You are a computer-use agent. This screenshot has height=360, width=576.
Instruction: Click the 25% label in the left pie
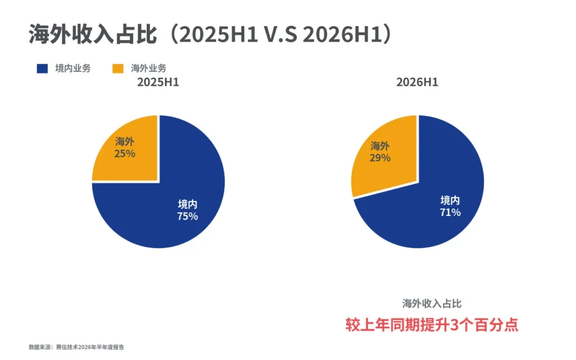coord(124,154)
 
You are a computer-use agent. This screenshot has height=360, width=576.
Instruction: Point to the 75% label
coord(187,217)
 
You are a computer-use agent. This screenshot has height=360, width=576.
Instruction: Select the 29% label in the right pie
coord(380,158)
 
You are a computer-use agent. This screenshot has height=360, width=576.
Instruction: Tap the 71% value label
coord(450,212)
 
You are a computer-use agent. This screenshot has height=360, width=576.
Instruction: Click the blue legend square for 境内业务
coord(42,68)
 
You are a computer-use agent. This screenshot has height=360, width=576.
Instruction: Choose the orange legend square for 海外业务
coord(118,68)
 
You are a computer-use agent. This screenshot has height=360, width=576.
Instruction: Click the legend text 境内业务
coord(73,68)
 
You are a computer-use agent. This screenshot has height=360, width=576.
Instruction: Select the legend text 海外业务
coord(148,68)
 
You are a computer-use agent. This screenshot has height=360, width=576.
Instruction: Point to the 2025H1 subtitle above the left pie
coord(158,82)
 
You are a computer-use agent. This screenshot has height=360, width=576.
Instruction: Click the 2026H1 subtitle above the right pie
coord(417,82)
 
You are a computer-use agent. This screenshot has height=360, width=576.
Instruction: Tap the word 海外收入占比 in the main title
coord(93,35)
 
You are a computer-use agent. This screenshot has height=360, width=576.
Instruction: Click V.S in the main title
coord(281,35)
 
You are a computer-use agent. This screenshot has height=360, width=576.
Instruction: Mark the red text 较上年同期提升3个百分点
coord(431,325)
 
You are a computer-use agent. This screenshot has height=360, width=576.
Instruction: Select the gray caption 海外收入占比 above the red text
coord(431,303)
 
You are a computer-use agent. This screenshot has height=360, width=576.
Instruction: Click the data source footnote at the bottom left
coord(76,347)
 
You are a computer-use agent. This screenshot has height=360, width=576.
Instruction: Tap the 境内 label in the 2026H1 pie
coord(450,200)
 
